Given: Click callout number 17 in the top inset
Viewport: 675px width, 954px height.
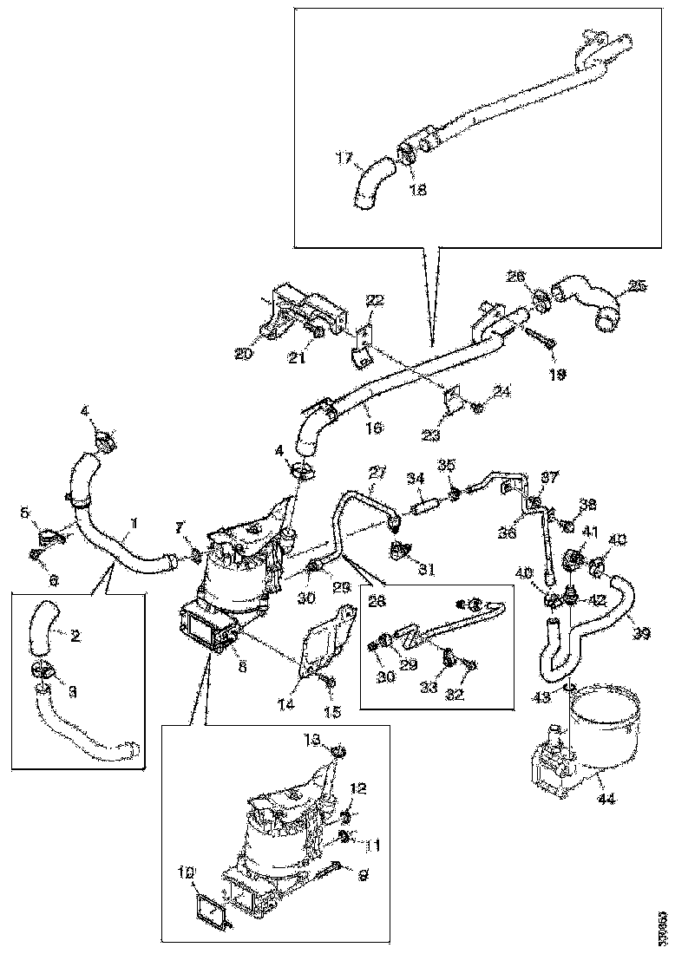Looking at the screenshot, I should [x=344, y=158].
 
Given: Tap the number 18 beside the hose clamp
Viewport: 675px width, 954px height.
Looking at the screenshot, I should [x=418, y=190].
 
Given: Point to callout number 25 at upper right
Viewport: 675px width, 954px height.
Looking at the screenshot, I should [x=638, y=285].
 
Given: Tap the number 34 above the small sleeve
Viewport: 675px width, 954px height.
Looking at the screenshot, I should [x=416, y=477].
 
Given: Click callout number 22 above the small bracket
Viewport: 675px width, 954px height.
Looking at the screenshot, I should [x=375, y=300].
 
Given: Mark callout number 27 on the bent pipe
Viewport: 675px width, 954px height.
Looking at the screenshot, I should [x=376, y=473].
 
